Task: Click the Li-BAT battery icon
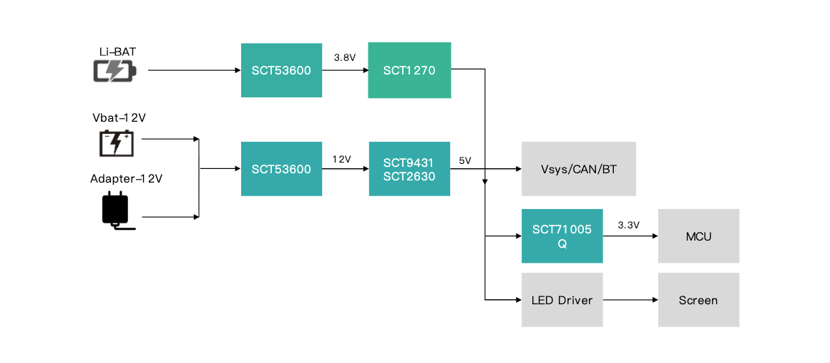115,70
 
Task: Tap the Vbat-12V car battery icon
117,143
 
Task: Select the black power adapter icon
117,210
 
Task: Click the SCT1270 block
410,70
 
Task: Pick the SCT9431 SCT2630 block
410,169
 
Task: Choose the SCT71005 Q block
562,236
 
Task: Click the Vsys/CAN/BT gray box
579,169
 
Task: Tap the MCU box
699,236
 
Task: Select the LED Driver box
562,300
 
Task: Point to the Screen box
699,300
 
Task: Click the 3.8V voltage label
345,58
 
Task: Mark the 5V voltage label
465,160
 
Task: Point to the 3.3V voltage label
629,226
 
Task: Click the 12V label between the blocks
342,160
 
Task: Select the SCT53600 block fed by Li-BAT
282,70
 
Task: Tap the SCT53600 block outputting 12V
282,169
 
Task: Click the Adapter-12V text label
127,178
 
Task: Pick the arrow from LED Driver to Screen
630,301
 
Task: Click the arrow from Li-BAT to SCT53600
195,70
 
